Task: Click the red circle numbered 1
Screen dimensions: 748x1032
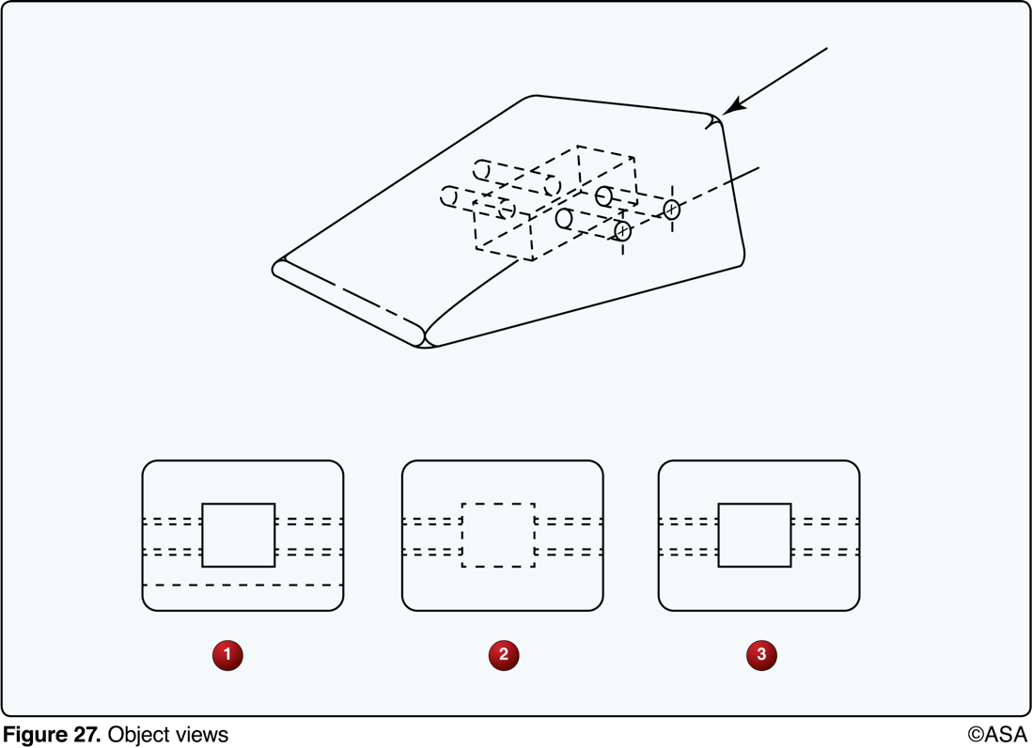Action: (227, 654)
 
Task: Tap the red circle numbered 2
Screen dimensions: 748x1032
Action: (504, 654)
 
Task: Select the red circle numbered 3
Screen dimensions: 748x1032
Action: (761, 654)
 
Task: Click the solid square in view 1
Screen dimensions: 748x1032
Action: (239, 535)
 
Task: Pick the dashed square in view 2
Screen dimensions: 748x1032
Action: (498, 535)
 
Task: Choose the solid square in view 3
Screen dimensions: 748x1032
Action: (755, 535)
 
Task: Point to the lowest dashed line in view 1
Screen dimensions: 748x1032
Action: (242, 585)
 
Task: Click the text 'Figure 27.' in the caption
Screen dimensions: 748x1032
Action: (52, 734)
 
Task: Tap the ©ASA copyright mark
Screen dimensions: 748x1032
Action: (998, 734)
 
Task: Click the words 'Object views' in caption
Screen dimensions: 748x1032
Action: (167, 734)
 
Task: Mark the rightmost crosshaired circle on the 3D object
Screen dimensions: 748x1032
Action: (671, 210)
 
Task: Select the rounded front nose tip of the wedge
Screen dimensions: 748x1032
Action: (425, 336)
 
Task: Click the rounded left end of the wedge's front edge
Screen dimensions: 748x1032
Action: (278, 269)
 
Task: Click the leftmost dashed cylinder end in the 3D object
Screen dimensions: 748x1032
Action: (449, 197)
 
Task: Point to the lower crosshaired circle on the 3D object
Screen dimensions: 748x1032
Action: (622, 230)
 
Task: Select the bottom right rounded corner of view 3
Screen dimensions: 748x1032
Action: (852, 602)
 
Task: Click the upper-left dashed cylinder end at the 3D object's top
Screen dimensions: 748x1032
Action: (482, 171)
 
